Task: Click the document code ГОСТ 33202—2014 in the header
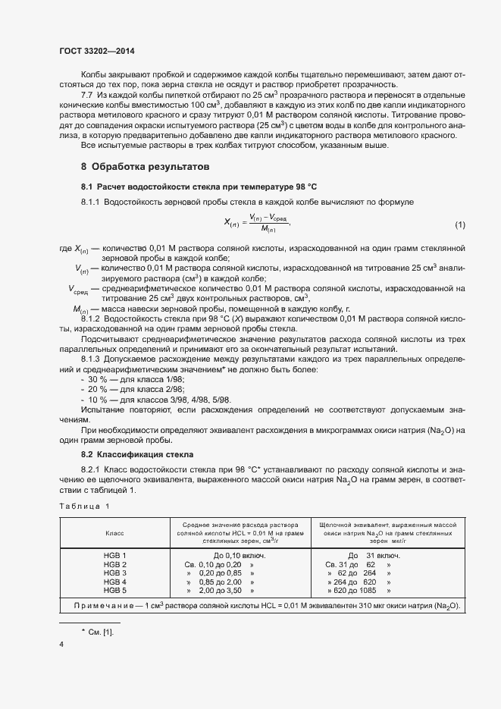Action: [97, 52]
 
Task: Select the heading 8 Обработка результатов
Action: [145, 165]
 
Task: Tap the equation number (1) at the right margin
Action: [459, 224]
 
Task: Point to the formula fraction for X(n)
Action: [256, 223]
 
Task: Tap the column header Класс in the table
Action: [115, 533]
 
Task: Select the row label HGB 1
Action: [115, 556]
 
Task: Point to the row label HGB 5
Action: [115, 589]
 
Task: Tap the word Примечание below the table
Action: [107, 606]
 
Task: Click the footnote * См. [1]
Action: [96, 631]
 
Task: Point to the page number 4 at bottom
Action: [61, 644]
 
